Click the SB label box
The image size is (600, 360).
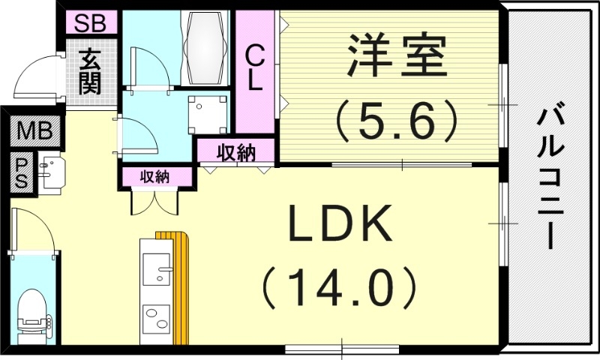[x=91, y=22]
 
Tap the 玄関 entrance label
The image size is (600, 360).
[x=91, y=71]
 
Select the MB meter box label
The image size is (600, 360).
[x=34, y=133]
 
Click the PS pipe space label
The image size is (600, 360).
[x=22, y=172]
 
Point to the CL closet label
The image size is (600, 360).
[x=255, y=68]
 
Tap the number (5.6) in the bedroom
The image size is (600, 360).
[x=396, y=120]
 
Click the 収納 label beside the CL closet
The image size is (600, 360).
[x=236, y=153]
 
